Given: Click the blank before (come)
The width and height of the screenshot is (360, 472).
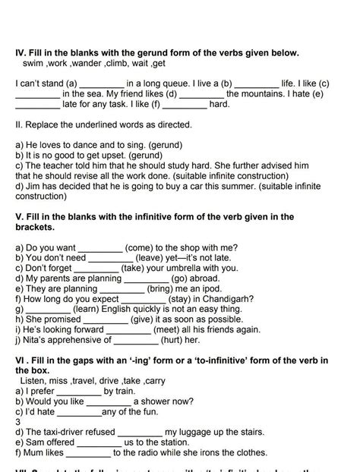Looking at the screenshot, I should pyautogui.click(x=100, y=247).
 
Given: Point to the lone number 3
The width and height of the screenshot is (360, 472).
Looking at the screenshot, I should pyautogui.click(x=17, y=421).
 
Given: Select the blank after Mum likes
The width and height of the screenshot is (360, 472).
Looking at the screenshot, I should pyautogui.click(x=89, y=453).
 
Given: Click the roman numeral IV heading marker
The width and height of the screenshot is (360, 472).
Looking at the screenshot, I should pyautogui.click(x=21, y=53).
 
